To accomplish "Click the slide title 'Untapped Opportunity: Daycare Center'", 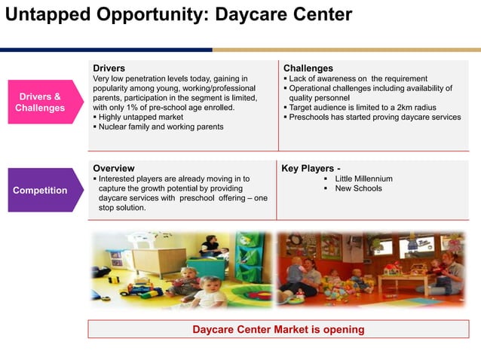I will pyautogui.click(x=179, y=14).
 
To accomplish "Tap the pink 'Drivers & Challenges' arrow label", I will pyautogui.click(x=40, y=102).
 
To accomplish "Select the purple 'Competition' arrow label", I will pyautogui.click(x=40, y=190).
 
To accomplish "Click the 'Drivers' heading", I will pyautogui.click(x=109, y=68).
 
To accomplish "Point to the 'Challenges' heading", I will pyautogui.click(x=308, y=68).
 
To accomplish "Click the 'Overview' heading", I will pyautogui.click(x=113, y=168).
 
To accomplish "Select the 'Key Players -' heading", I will pyautogui.click(x=311, y=168).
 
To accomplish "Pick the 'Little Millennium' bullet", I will pyautogui.click(x=363, y=178).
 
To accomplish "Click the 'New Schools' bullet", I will pyautogui.click(x=358, y=188).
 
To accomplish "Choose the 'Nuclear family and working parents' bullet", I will pyautogui.click(x=161, y=127).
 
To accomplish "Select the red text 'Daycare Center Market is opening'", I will pyautogui.click(x=278, y=329).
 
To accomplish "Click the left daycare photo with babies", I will pyautogui.click(x=181, y=270).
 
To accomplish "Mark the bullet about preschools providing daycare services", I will pyautogui.click(x=375, y=117).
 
